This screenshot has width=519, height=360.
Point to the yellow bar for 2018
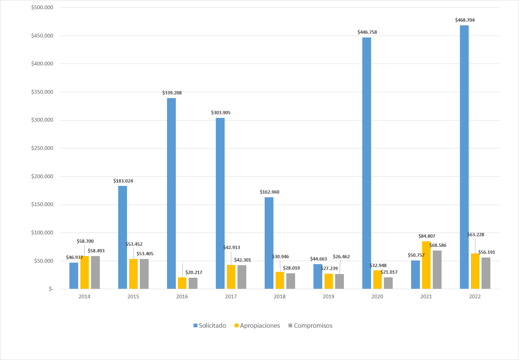tap(280, 280)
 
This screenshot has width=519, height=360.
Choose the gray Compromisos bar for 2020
tap(388, 283)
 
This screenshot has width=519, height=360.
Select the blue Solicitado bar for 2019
tap(318, 277)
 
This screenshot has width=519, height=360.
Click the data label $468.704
tap(465, 20)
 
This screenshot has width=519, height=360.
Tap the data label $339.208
tap(172, 93)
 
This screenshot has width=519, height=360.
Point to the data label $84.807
tap(427, 236)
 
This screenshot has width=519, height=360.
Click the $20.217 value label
tap(193, 273)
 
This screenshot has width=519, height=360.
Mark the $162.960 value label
tap(269, 192)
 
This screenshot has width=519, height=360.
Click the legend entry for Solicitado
tap(210, 325)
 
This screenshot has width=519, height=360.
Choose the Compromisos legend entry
tap(311, 325)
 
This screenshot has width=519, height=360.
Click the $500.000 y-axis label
tap(42, 7)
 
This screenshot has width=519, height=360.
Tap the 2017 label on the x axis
tap(231, 296)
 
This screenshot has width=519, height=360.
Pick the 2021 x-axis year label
tap(426, 296)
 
